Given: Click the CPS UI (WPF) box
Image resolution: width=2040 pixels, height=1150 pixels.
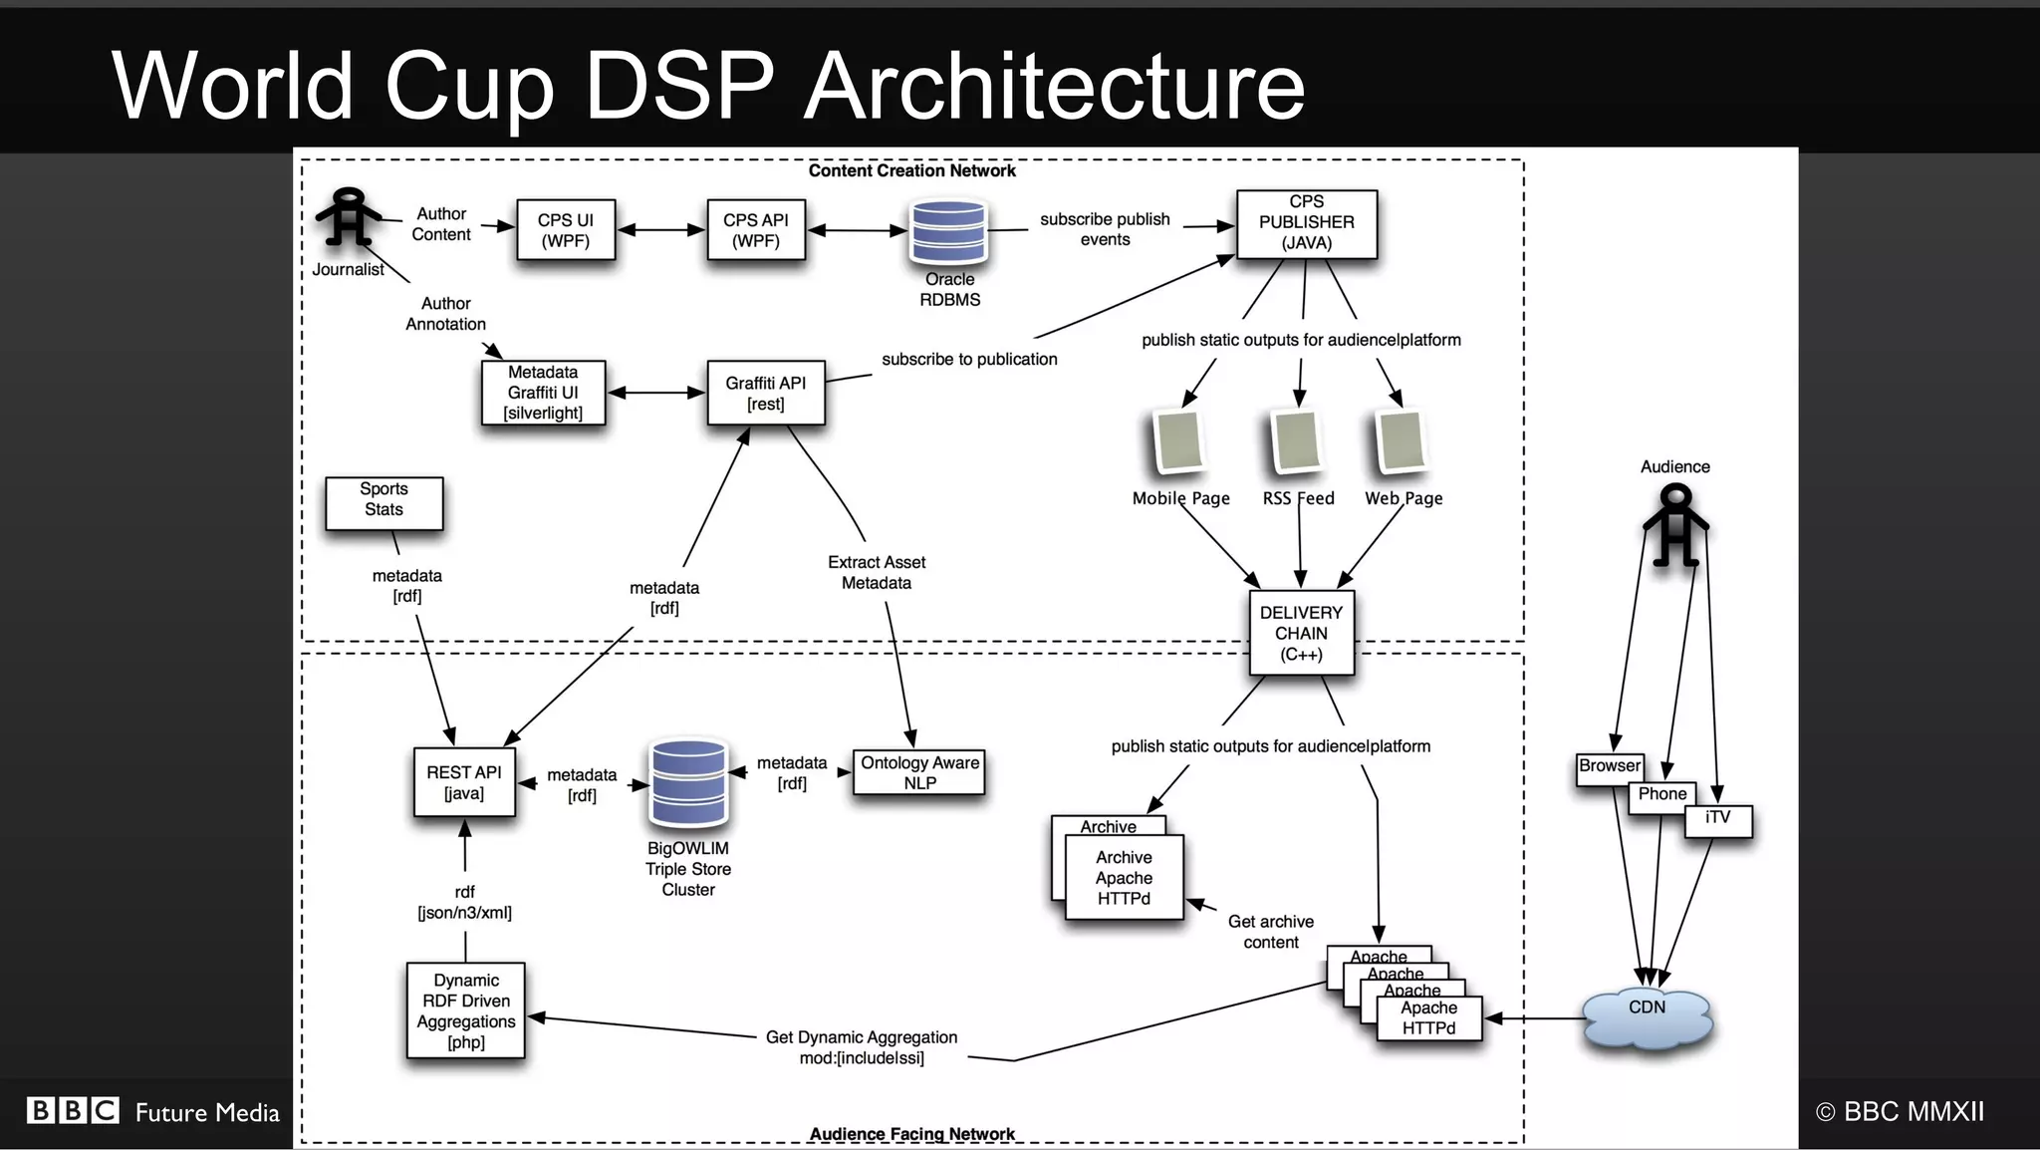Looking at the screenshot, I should [566, 230].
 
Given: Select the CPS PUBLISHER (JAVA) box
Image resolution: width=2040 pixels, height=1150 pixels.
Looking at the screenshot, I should [1306, 223].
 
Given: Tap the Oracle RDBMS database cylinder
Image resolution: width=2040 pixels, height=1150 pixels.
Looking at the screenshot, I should [948, 231].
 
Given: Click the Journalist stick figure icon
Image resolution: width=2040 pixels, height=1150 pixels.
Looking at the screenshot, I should [348, 217].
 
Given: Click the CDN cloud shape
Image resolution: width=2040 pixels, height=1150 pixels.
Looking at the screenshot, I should [1648, 1018].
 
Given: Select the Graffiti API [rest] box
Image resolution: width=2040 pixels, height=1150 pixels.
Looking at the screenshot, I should [765, 393].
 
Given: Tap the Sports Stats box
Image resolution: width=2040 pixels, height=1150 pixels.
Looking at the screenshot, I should [383, 502].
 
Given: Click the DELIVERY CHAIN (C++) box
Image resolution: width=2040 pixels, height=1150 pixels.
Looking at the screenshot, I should [1301, 633].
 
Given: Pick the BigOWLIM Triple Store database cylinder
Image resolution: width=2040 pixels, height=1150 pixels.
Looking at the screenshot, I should [687, 783].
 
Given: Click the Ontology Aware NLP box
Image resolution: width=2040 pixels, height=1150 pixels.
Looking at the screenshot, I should [919, 772].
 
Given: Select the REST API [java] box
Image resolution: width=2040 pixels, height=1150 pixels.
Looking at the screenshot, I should [464, 782].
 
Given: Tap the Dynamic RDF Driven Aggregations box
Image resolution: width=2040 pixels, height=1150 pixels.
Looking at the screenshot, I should [465, 1010].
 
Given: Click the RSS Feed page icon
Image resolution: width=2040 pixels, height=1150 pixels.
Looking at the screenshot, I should [1297, 440].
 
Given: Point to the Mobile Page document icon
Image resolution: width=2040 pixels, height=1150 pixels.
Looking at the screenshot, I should [1179, 440].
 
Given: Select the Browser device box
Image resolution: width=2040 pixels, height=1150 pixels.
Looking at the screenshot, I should [1609, 766].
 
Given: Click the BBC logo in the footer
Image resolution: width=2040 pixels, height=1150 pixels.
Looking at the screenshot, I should [73, 1110].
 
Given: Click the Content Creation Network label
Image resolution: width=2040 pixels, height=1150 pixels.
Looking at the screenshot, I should [911, 170].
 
